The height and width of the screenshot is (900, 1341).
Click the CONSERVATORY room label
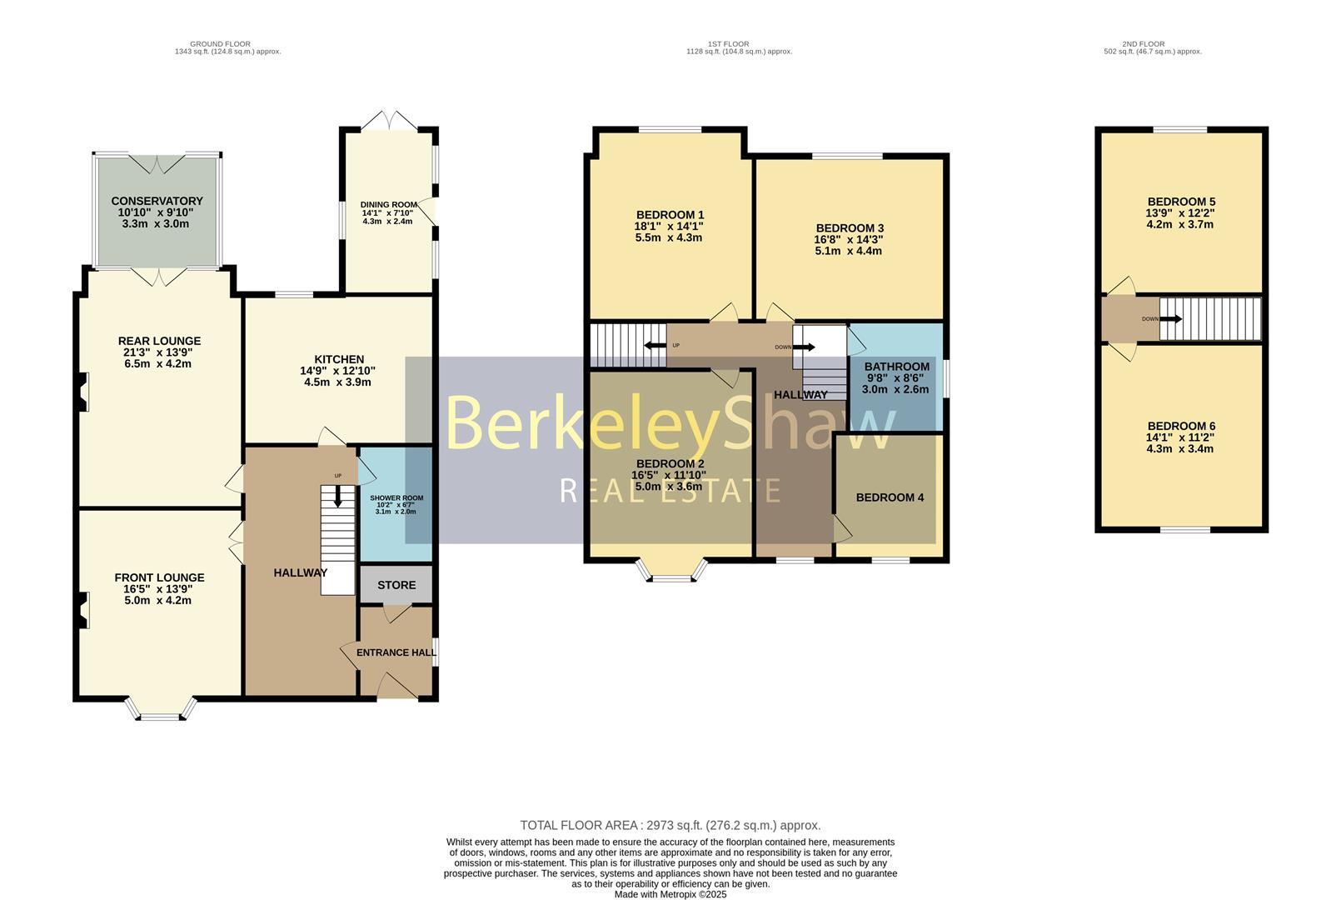pos(157,201)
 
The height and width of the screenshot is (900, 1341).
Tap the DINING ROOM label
pos(388,205)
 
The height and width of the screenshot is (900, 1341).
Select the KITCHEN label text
pos(338,359)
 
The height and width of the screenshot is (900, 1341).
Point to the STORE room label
pos(396,585)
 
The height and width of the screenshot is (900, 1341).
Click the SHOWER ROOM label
pos(396,498)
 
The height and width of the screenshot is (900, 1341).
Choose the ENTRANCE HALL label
pos(396,652)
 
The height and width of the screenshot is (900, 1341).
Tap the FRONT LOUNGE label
pos(159,577)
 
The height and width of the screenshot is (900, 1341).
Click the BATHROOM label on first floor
pos(896,367)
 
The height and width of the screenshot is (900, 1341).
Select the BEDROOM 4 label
pos(890,497)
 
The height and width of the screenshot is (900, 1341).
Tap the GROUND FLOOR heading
pos(220,44)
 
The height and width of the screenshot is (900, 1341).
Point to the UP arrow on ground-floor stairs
pos(337,497)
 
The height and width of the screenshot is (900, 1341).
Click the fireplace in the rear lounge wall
pos(82,392)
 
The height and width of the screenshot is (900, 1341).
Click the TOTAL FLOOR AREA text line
pos(670,825)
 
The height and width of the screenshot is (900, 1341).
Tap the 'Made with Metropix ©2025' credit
pos(670,894)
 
